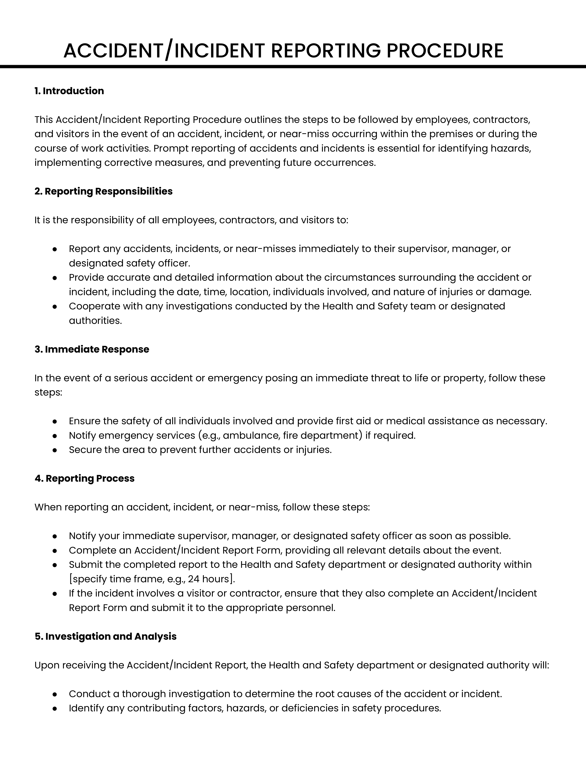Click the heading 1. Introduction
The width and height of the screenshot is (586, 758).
tap(69, 91)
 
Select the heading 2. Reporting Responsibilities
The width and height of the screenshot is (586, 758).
tap(103, 191)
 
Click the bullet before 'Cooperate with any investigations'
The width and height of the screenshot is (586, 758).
tap(54, 306)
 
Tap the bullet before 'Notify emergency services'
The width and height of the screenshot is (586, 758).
tap(54, 436)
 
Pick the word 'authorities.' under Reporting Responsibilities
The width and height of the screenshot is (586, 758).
tap(95, 321)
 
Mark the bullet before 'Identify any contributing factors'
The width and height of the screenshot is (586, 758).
tap(54, 708)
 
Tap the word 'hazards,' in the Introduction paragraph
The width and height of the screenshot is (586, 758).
tap(511, 149)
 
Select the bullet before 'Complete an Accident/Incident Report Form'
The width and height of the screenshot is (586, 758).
tap(54, 550)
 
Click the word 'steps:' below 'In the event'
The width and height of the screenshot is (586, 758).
tap(48, 393)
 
